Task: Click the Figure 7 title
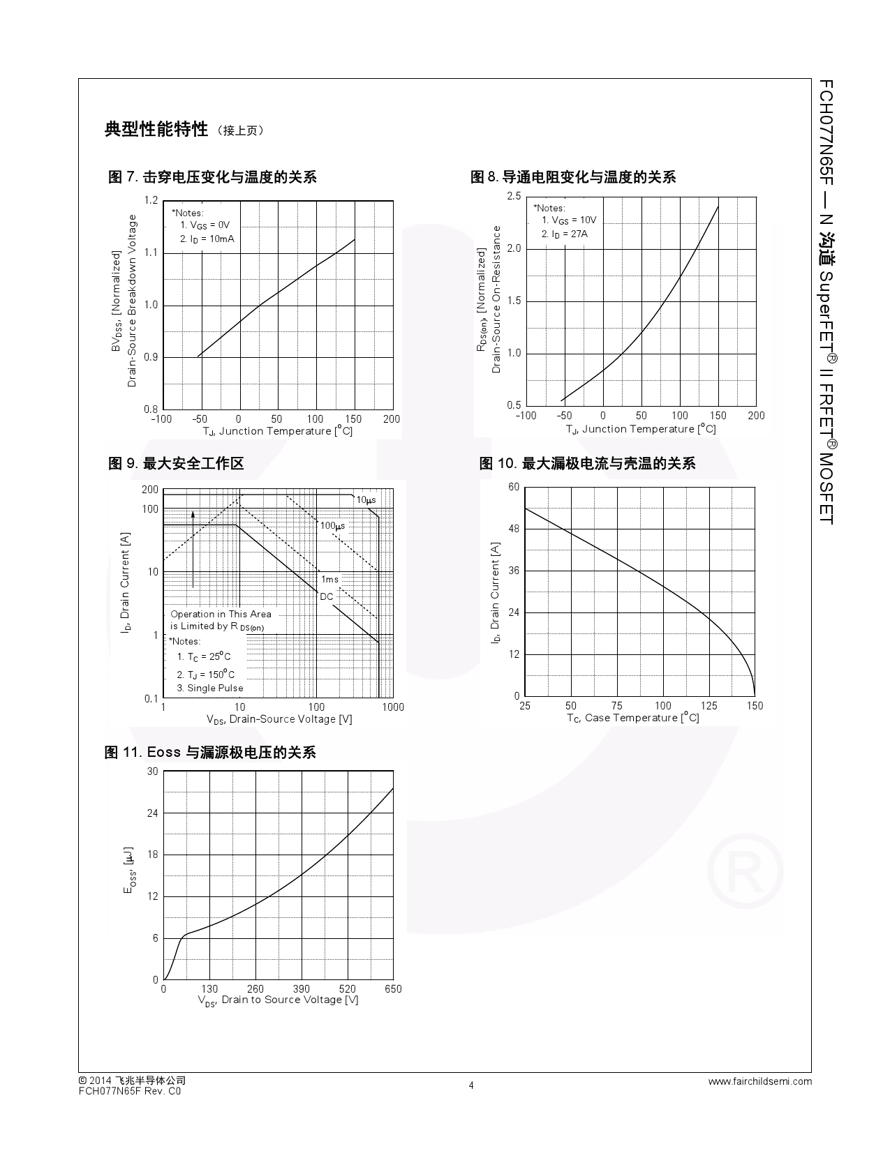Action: [212, 177]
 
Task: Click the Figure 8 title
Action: [573, 177]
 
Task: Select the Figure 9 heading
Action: [176, 463]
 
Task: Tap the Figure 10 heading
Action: [587, 463]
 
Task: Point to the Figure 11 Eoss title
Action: [210, 752]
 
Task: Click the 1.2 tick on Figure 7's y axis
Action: [151, 201]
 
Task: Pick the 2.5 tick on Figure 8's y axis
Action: [514, 197]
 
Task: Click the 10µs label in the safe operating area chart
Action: [366, 500]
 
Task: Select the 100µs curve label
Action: [332, 525]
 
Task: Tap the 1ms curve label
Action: [329, 580]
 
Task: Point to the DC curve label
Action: [327, 596]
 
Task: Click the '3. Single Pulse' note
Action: [209, 688]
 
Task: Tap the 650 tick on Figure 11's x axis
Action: [393, 988]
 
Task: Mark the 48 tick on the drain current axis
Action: [514, 529]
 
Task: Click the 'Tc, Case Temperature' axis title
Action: [632, 718]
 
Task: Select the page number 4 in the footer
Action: [471, 1085]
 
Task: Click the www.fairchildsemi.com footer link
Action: [760, 1081]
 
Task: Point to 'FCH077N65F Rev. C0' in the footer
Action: [130, 1091]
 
